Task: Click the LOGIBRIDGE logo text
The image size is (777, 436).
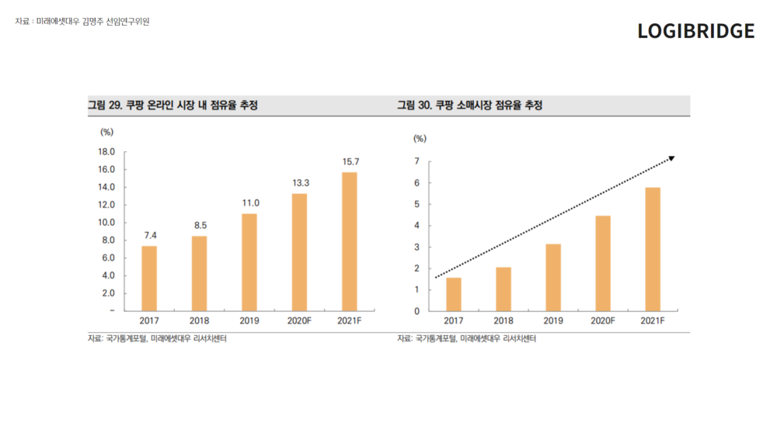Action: pyautogui.click(x=695, y=31)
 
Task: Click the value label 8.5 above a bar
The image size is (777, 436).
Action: pyautogui.click(x=200, y=225)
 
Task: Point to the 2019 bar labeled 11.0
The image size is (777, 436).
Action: pyautogui.click(x=249, y=261)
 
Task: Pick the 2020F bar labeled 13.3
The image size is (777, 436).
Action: pyautogui.click(x=299, y=251)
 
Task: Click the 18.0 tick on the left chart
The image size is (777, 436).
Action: pyautogui.click(x=107, y=152)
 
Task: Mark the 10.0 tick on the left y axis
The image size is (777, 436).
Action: pyautogui.click(x=107, y=223)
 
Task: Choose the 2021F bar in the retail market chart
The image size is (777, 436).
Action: pyautogui.click(x=653, y=249)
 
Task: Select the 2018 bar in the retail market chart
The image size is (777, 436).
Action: pyautogui.click(x=503, y=289)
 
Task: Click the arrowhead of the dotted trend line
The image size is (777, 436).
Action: pyautogui.click(x=672, y=158)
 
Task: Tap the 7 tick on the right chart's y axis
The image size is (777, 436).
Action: pyautogui.click(x=417, y=161)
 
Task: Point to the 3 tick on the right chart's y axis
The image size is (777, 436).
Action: pyautogui.click(x=417, y=247)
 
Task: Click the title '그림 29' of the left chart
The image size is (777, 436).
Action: pyautogui.click(x=172, y=106)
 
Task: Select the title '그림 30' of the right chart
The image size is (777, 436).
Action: pyautogui.click(x=469, y=106)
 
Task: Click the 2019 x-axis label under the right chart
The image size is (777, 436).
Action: pyautogui.click(x=553, y=320)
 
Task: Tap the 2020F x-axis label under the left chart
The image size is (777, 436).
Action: pyautogui.click(x=299, y=320)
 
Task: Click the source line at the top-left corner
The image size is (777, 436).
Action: pyautogui.click(x=82, y=22)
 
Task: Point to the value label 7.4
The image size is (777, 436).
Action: pyautogui.click(x=150, y=234)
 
